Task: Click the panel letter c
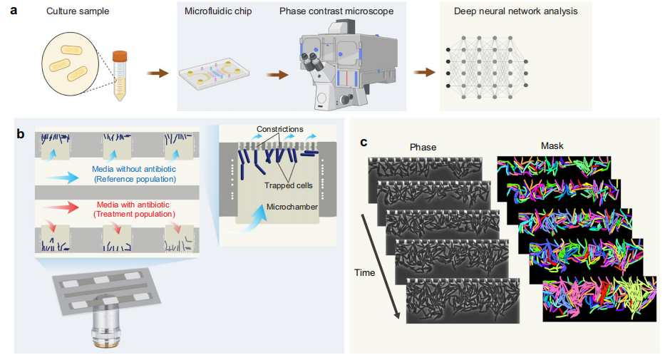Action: (x=364, y=142)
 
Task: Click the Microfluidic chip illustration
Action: (x=215, y=76)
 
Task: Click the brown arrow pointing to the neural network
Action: (x=424, y=72)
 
